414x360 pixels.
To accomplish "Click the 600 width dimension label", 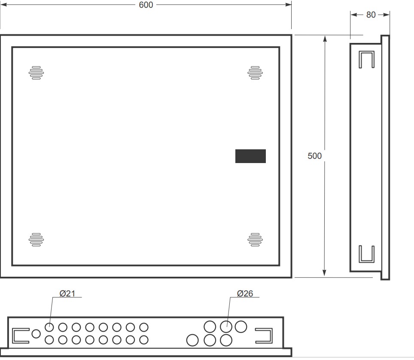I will click(146, 5).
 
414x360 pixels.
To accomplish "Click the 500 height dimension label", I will click(314, 156).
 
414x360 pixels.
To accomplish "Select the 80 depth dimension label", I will click(371, 15).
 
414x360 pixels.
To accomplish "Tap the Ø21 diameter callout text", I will click(67, 293).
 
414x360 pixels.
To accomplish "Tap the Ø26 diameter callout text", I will click(245, 293).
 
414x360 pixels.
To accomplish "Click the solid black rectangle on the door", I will click(250, 156).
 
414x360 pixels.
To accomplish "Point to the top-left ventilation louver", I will click(37, 73).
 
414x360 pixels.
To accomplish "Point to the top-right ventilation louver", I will click(255, 73).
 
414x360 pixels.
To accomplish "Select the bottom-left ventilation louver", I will click(37, 239).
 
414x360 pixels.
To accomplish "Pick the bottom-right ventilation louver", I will click(255, 239).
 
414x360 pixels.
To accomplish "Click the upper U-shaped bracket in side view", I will click(366, 59).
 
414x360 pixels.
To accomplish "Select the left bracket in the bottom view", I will click(21, 336).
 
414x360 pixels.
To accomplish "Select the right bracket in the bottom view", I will click(264, 336).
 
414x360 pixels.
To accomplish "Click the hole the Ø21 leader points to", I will click(49, 327).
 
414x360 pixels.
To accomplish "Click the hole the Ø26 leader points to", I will click(226, 327).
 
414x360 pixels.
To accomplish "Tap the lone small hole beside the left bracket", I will click(37, 333).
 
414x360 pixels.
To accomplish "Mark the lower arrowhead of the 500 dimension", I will click(325, 273).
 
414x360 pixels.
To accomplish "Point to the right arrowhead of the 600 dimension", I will click(289, 5).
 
